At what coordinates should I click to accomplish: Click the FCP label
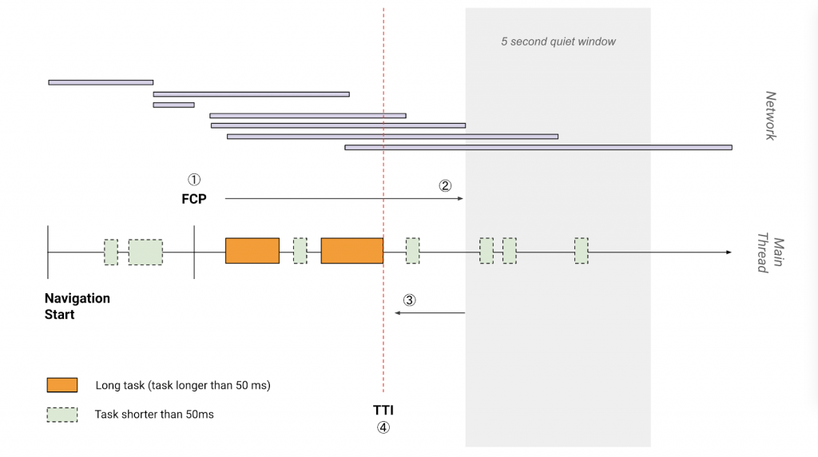(194, 199)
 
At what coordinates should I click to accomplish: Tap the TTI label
(383, 411)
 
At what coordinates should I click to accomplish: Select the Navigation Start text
(77, 306)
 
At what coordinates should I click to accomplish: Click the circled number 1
(194, 181)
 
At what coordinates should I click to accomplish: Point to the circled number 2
(445, 185)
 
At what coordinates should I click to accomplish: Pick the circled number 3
(409, 300)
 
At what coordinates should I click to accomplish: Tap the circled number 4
(383, 427)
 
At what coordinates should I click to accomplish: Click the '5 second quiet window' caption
(558, 42)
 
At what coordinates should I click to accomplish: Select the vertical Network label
(771, 116)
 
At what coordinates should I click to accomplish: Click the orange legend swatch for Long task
(62, 385)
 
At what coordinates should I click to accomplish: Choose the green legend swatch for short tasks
(62, 415)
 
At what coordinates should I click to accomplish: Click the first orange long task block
(252, 251)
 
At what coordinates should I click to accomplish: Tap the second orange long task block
(351, 251)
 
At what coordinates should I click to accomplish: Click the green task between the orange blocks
(300, 251)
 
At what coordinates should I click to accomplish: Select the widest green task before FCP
(145, 252)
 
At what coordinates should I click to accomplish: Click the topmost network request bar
(101, 81)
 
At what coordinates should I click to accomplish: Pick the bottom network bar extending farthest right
(538, 147)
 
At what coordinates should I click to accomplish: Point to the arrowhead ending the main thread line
(728, 252)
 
